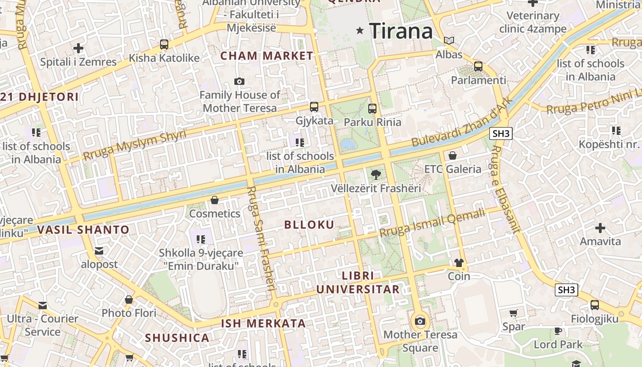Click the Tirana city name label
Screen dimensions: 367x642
tap(401, 31)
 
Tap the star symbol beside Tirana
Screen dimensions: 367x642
tap(360, 31)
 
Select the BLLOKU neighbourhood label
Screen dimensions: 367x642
tap(310, 225)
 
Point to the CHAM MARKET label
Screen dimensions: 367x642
tap(267, 56)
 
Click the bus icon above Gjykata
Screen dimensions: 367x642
tap(314, 107)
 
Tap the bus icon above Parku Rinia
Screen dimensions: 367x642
tap(372, 109)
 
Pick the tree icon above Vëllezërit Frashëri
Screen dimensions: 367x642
tap(376, 175)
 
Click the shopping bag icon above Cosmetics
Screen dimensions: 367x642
tap(215, 200)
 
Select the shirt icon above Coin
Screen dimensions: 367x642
tap(459, 263)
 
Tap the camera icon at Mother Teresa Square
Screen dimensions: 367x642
tap(420, 321)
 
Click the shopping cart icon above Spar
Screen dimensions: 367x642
tap(514, 313)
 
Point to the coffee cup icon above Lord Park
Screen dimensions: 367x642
tap(558, 331)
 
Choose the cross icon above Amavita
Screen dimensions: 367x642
tap(600, 228)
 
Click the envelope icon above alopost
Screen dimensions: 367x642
tap(99, 251)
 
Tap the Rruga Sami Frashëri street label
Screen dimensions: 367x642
tap(261, 239)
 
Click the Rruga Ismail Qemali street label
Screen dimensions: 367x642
tap(432, 223)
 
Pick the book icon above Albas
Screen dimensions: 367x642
tap(449, 41)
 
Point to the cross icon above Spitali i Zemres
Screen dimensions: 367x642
tap(78, 48)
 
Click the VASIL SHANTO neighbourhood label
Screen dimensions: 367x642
tap(83, 230)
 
